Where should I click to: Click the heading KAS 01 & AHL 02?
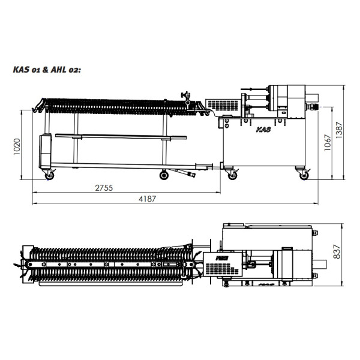47,70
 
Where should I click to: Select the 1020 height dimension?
17,147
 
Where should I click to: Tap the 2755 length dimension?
104,188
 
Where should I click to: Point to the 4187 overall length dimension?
147,199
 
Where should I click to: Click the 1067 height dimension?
328,142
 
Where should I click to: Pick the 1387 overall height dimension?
339,130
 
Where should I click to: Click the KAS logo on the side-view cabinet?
263,130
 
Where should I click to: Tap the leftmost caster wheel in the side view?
49,176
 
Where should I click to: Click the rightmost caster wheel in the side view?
304,176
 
